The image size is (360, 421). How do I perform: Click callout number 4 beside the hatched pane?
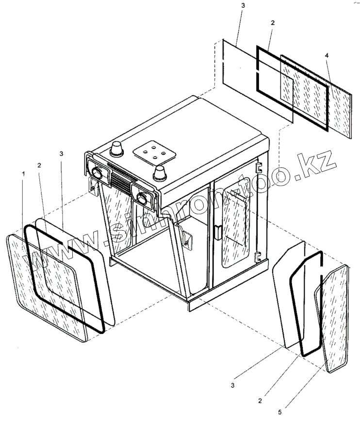327,56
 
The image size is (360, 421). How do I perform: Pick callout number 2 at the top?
273,23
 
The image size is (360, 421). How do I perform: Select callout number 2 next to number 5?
262,401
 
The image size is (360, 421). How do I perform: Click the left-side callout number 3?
61,153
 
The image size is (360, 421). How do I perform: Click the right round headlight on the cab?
143,198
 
